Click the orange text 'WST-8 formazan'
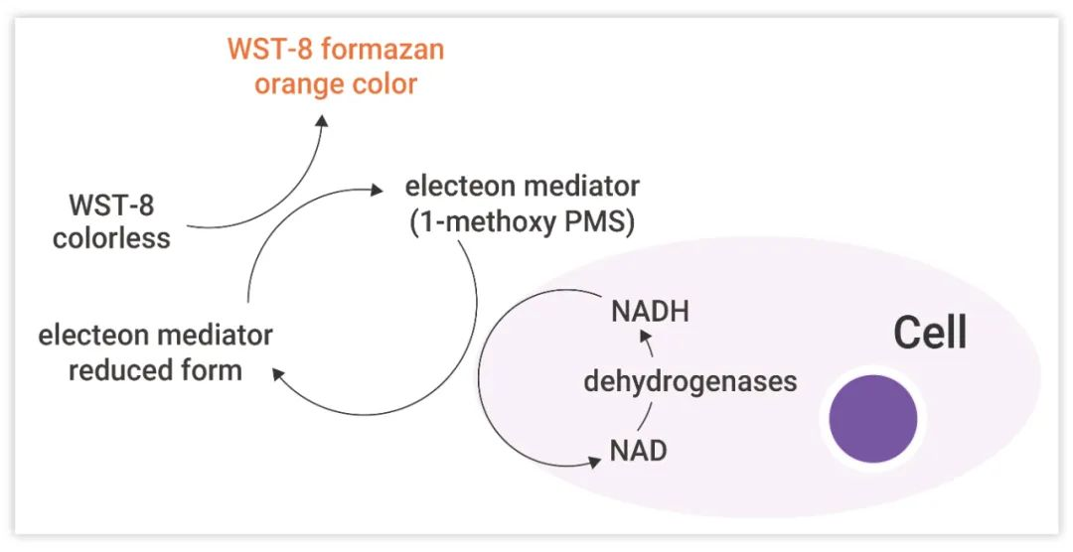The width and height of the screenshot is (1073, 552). point(335,49)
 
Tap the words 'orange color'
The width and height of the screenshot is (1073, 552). point(335,83)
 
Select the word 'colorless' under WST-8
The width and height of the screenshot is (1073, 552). point(111,238)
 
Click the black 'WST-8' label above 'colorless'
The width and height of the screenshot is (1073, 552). point(111,206)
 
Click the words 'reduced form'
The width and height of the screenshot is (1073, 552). point(155,370)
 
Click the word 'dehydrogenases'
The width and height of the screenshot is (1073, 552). point(690,381)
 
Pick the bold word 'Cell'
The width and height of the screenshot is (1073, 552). point(929,333)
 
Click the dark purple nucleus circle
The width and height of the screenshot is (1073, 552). point(873,419)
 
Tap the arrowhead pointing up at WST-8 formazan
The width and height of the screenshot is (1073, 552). point(322,119)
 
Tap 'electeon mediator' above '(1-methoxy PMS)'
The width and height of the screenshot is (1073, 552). point(522,186)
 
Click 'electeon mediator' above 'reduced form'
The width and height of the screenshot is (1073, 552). point(155,336)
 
